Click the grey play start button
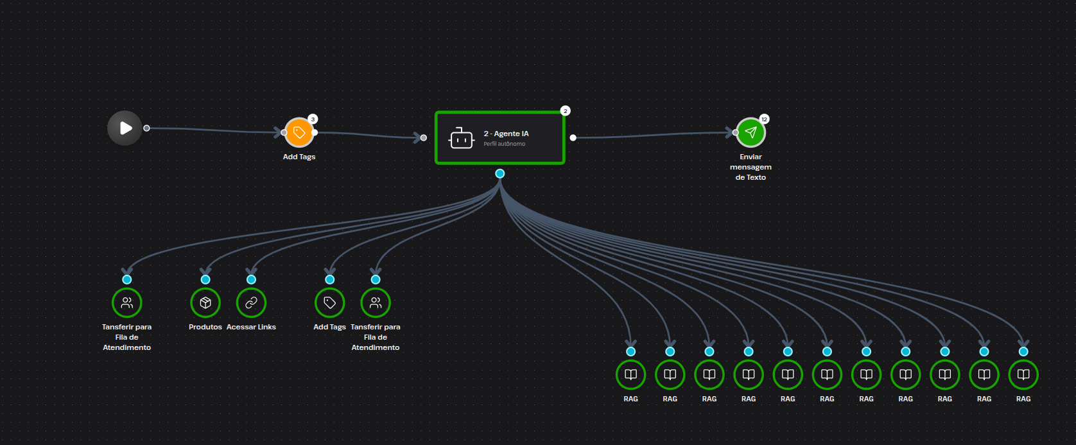point(125,128)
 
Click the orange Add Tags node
point(299,133)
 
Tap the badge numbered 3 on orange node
point(313,119)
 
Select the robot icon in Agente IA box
point(462,138)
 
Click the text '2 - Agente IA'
point(506,134)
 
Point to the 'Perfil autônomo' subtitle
point(504,144)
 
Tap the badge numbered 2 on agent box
point(565,110)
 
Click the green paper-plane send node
point(751,133)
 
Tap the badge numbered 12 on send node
point(764,119)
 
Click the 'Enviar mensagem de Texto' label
point(751,167)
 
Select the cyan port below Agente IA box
point(500,173)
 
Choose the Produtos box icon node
point(205,302)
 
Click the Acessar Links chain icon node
point(251,302)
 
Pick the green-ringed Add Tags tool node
point(329,302)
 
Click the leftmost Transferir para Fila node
point(127,302)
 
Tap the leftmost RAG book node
point(630,374)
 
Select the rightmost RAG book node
point(1023,374)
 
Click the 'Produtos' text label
point(205,327)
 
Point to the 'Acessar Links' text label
point(251,327)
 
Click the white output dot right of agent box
point(573,137)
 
